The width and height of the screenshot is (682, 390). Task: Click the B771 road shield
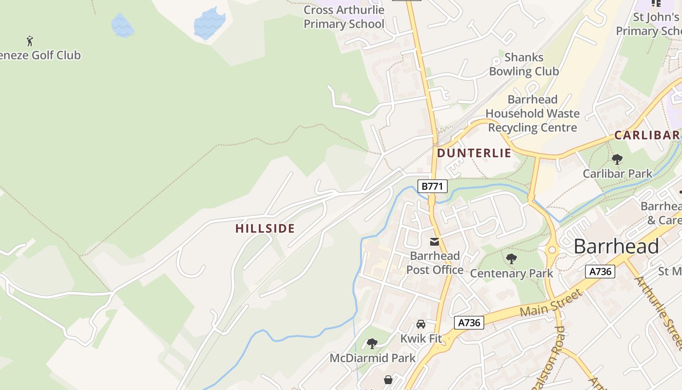(x=432, y=186)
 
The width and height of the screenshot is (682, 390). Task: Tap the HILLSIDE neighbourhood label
(x=265, y=228)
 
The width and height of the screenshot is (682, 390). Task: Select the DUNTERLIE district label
(x=474, y=153)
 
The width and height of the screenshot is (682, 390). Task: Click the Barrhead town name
(x=616, y=246)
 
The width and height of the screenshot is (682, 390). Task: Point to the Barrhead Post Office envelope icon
(x=435, y=242)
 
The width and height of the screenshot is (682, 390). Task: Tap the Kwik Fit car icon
(x=421, y=324)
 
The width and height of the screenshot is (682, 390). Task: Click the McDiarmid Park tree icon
(x=372, y=344)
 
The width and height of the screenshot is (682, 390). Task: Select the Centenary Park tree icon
(x=511, y=259)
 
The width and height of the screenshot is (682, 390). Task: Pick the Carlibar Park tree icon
(x=617, y=159)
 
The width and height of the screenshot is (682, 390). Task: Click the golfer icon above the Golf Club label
(x=30, y=41)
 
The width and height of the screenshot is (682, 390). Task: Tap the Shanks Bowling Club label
(x=524, y=64)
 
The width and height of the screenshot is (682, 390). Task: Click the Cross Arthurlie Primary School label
(x=344, y=17)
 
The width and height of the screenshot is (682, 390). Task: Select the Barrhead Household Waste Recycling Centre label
(x=532, y=114)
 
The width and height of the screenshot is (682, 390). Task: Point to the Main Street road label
(x=551, y=302)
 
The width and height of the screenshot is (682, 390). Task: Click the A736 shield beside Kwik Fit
(x=470, y=322)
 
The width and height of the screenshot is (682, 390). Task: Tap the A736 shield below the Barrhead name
(x=600, y=272)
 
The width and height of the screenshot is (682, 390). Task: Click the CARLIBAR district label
(x=647, y=135)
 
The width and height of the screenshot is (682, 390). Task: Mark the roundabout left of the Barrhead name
(x=551, y=250)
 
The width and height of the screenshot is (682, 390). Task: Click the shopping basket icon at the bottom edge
(x=388, y=380)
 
